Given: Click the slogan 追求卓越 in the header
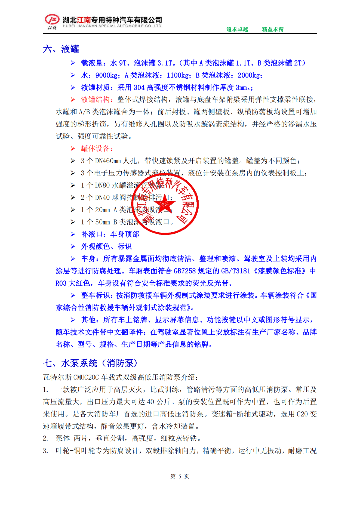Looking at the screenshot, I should (x=237, y=29).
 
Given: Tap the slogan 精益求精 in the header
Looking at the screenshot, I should (x=273, y=29).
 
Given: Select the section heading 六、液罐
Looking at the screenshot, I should (x=61, y=49).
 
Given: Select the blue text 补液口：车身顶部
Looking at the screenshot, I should (x=110, y=234).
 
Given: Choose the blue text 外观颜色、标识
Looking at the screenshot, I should (x=106, y=246).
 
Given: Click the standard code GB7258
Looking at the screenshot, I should (x=185, y=271).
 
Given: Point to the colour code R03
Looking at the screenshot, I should (x=61, y=283).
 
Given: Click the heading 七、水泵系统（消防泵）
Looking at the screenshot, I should (x=90, y=363).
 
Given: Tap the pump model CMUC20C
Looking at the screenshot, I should (x=86, y=377).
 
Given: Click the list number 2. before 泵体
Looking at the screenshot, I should (x=45, y=438).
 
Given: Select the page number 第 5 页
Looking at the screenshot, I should (x=180, y=476).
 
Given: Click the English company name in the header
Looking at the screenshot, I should (x=112, y=26).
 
